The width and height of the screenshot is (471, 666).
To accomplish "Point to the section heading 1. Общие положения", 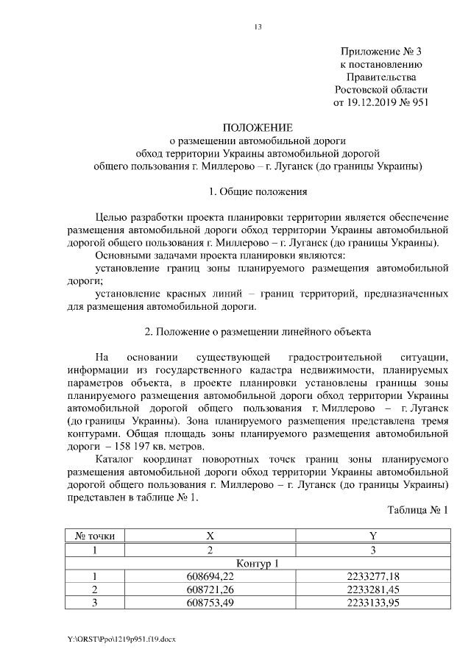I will pyautogui.click(x=258, y=192).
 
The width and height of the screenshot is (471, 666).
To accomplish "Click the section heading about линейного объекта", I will pyautogui.click(x=258, y=331).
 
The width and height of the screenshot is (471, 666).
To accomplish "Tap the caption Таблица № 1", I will pyautogui.click(x=417, y=509).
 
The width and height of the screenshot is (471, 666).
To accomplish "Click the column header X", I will pyautogui.click(x=210, y=536).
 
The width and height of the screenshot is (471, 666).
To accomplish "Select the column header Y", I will pyautogui.click(x=372, y=536).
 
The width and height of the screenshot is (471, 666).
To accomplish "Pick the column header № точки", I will pyautogui.click(x=94, y=536).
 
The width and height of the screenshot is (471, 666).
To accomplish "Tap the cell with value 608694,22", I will pyautogui.click(x=210, y=576).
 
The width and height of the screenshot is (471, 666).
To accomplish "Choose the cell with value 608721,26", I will pyautogui.click(x=210, y=589).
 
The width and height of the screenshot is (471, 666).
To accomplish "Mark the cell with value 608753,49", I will pyautogui.click(x=210, y=603).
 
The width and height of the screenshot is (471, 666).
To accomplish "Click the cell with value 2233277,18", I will pyautogui.click(x=372, y=576).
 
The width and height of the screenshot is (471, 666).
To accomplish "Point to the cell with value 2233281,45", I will pyautogui.click(x=372, y=589).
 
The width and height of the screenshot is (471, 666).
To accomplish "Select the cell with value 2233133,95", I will pyautogui.click(x=372, y=603).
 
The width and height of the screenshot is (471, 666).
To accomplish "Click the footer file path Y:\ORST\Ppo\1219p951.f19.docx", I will pyautogui.click(x=120, y=639).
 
